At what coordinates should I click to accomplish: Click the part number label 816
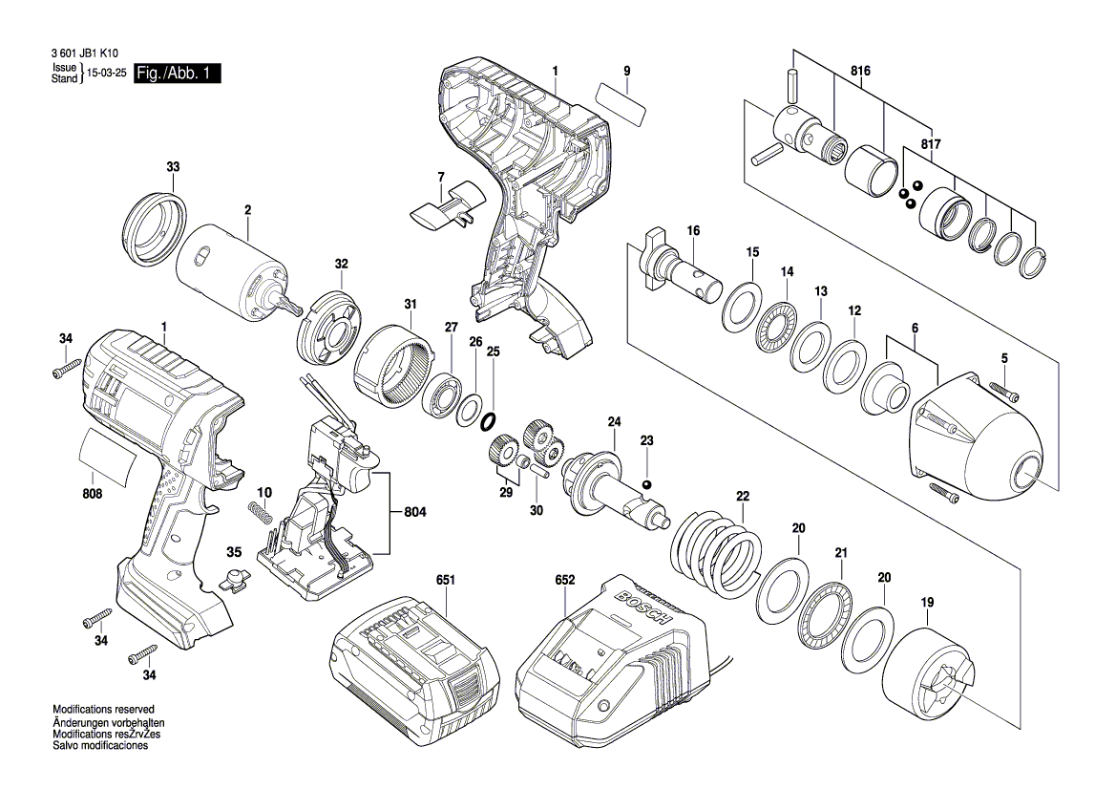[861, 70]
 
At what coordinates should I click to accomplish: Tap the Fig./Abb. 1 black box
[178, 74]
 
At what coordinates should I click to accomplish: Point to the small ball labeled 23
[647, 484]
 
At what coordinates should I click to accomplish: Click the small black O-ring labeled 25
[488, 420]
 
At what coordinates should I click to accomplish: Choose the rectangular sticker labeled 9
[619, 100]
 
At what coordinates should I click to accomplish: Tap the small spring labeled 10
[260, 512]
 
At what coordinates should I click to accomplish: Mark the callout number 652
[565, 580]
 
